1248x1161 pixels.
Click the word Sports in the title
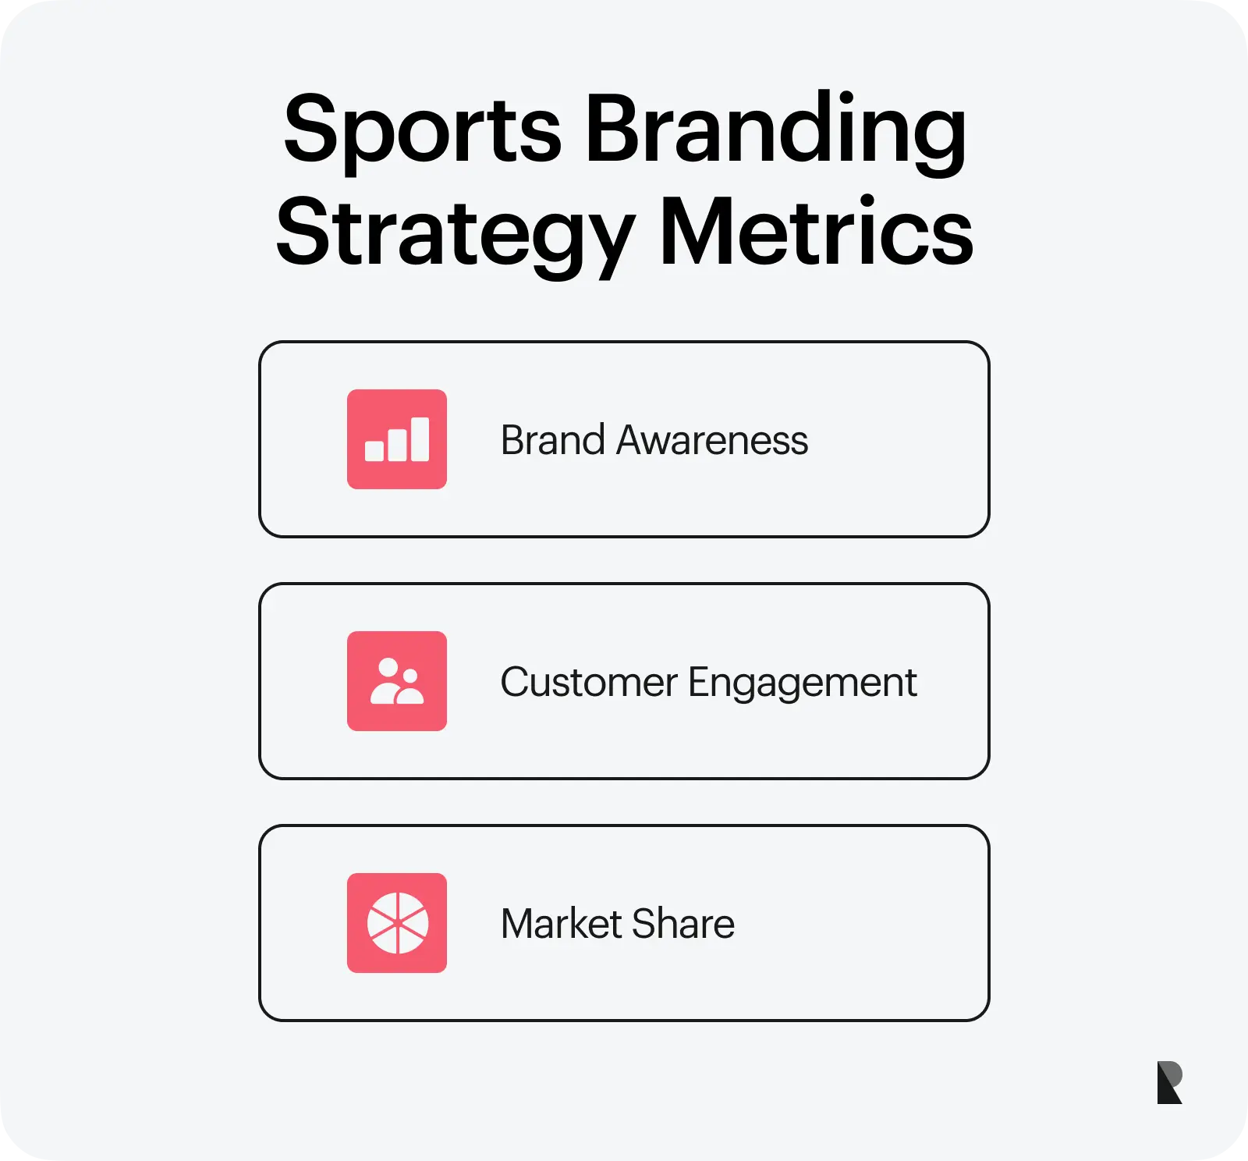(422, 130)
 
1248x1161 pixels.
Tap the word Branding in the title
(776, 130)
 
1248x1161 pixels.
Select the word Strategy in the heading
(456, 234)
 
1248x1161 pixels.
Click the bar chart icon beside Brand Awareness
(397, 439)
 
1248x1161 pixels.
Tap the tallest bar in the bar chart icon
(420, 439)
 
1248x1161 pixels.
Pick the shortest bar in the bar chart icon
(374, 451)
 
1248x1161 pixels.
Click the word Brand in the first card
(553, 440)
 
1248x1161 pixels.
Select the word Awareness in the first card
(712, 440)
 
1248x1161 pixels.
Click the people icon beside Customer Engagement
(397, 681)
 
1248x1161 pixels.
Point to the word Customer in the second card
(589, 682)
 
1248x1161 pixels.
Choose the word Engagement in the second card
(803, 683)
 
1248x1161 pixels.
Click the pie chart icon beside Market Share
(397, 923)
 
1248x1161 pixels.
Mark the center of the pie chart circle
(398, 923)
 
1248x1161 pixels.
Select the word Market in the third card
(562, 924)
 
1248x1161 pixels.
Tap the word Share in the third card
(684, 924)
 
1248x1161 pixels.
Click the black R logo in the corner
(1169, 1082)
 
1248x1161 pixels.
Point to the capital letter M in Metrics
(700, 231)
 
